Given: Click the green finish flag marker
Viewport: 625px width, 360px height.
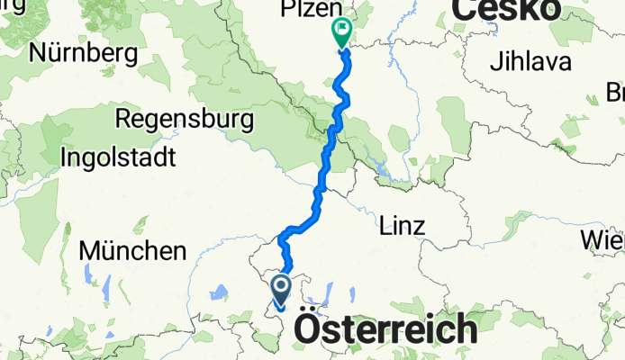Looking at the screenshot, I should [x=342, y=31].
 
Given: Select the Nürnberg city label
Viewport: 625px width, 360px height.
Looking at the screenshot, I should [x=83, y=53].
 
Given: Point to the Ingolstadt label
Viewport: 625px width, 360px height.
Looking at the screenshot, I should [x=117, y=157].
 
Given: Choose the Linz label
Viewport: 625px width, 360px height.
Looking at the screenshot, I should [x=403, y=224].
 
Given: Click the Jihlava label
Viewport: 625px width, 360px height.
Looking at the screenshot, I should [x=531, y=63].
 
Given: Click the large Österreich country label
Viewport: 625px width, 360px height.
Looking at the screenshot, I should [x=386, y=328].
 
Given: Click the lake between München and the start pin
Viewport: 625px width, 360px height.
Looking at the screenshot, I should [x=218, y=292].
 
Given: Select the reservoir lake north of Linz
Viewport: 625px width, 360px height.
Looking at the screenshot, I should [x=383, y=167].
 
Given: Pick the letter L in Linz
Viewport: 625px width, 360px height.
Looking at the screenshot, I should [x=387, y=224].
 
